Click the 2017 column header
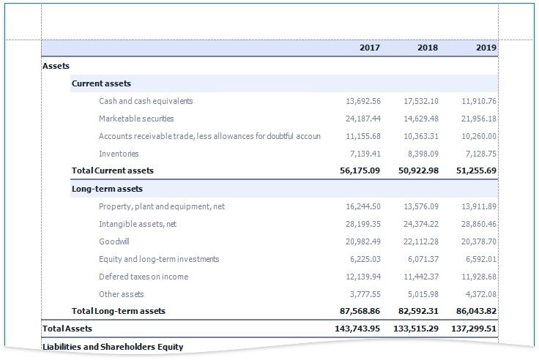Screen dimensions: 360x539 370,48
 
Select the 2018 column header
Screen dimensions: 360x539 428,48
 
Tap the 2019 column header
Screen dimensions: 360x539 486,48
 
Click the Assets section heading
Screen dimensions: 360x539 56,66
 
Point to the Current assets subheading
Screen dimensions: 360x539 101,83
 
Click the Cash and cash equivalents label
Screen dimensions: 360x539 146,101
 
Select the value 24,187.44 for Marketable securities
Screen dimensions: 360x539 363,119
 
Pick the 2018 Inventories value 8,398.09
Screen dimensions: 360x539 421,154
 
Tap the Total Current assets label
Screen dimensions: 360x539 113,170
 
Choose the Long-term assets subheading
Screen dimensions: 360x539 107,189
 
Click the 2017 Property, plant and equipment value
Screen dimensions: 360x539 363,206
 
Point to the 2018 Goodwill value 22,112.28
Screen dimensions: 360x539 421,241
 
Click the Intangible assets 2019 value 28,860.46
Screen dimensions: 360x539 479,224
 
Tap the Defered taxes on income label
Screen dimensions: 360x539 144,277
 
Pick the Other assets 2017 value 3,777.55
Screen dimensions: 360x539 365,294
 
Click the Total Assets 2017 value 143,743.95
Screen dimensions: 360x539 354,329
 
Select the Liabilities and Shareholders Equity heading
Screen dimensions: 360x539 113,346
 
